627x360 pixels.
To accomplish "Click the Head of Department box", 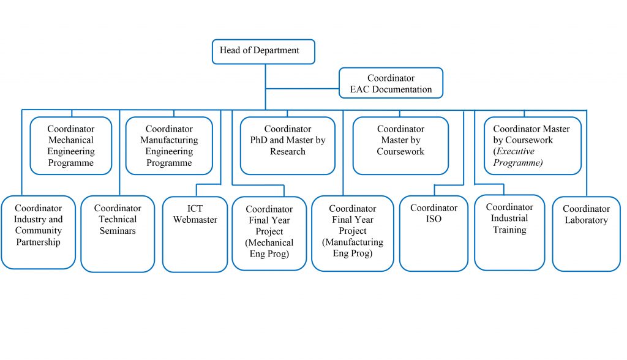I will point(263,51).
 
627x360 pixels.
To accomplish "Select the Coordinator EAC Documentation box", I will point(391,83).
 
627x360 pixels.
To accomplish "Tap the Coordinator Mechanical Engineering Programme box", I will point(71,146).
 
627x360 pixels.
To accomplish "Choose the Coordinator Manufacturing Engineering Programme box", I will point(169,146).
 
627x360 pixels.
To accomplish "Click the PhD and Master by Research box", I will point(287,146).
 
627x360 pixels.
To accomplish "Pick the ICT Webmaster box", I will point(195,233).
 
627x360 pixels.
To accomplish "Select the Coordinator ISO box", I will point(434,233).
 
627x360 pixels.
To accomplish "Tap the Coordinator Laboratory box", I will point(586,233).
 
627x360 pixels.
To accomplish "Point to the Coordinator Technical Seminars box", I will point(118,233).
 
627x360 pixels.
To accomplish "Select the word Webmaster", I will point(195,220).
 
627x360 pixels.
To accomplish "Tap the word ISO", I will point(434,219).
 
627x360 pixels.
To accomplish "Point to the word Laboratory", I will point(586,220).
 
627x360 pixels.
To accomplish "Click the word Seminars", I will point(118,231).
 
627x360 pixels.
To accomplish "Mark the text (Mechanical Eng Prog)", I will point(269,248).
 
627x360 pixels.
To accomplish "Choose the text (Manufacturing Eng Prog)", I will point(353,247).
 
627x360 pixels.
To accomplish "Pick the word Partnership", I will point(38,242).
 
